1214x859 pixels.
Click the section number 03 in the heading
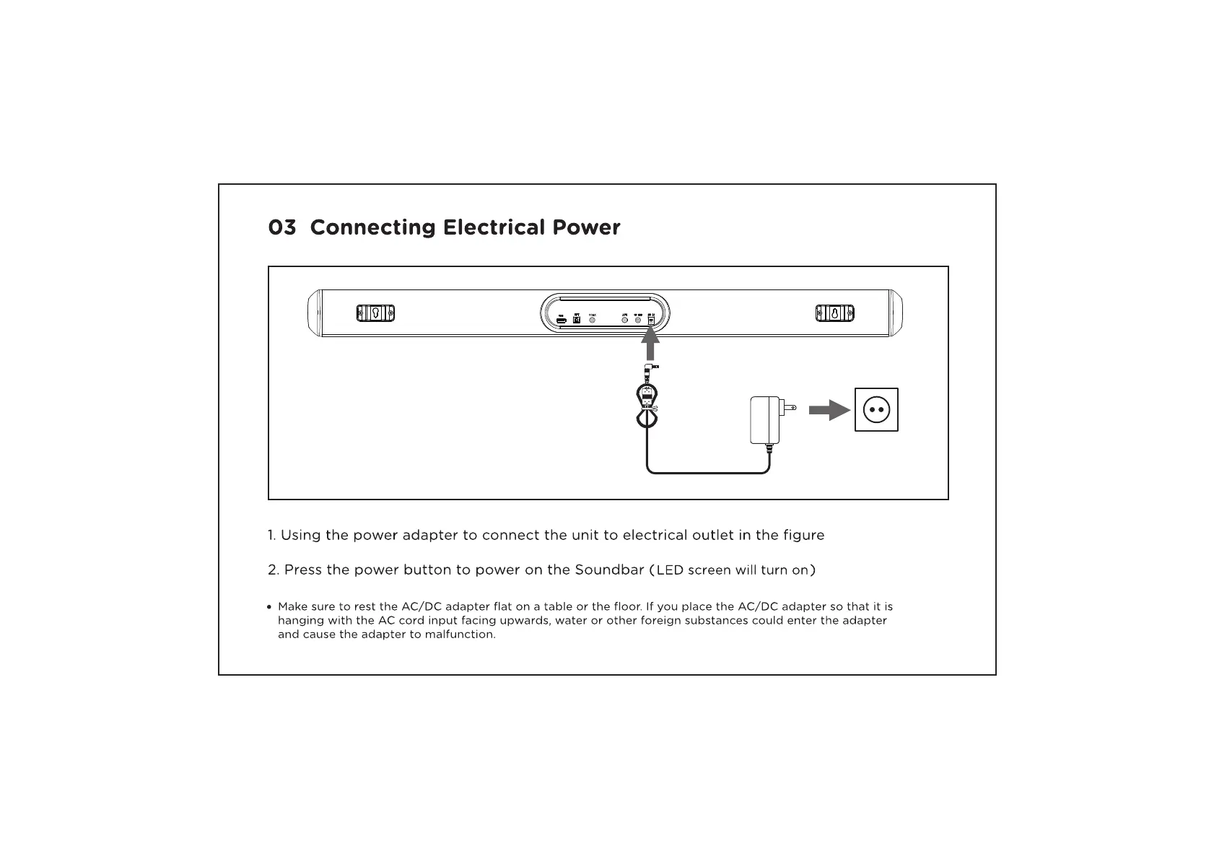click(x=281, y=228)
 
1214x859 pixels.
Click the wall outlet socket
click(x=876, y=409)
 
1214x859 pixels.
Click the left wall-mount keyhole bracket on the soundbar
click(x=375, y=313)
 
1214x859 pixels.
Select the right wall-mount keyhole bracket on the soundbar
click(x=834, y=313)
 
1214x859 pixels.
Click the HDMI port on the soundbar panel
click(x=561, y=319)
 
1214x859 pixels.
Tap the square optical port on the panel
click(x=577, y=319)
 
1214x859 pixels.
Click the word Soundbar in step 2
click(x=609, y=570)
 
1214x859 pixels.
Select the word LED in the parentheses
click(x=670, y=571)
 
